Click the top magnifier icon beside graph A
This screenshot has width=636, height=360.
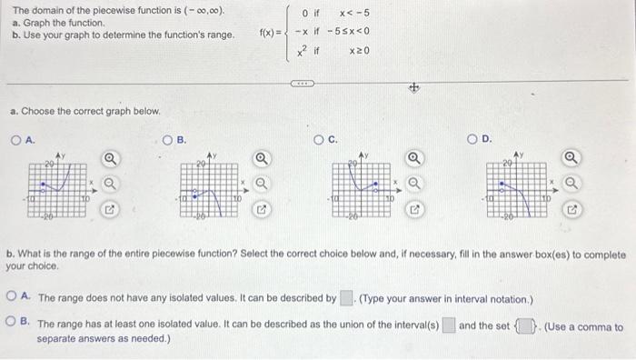tap(109, 160)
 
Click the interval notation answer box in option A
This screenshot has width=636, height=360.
tap(346, 297)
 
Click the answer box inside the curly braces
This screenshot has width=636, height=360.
tap(525, 326)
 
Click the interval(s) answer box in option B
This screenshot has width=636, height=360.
tap(449, 326)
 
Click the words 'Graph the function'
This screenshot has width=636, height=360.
tap(54, 24)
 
